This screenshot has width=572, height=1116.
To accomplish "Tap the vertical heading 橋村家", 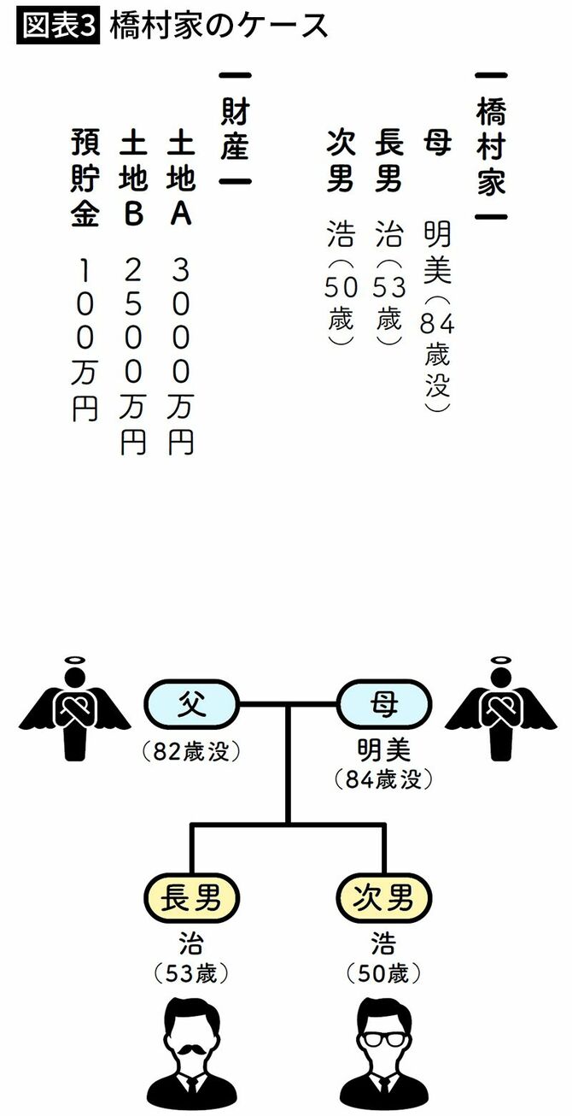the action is (491, 148).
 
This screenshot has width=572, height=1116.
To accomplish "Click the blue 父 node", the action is (191, 704).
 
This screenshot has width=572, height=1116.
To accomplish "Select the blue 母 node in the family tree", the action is (384, 704).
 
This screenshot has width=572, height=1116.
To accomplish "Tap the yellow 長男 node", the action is (191, 897).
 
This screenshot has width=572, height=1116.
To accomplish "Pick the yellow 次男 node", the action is (384, 897).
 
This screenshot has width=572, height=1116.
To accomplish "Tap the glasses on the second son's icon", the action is (384, 1039).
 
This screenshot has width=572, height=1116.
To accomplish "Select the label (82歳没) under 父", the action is (191, 752).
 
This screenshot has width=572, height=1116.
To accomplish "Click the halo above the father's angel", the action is (74, 661).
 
